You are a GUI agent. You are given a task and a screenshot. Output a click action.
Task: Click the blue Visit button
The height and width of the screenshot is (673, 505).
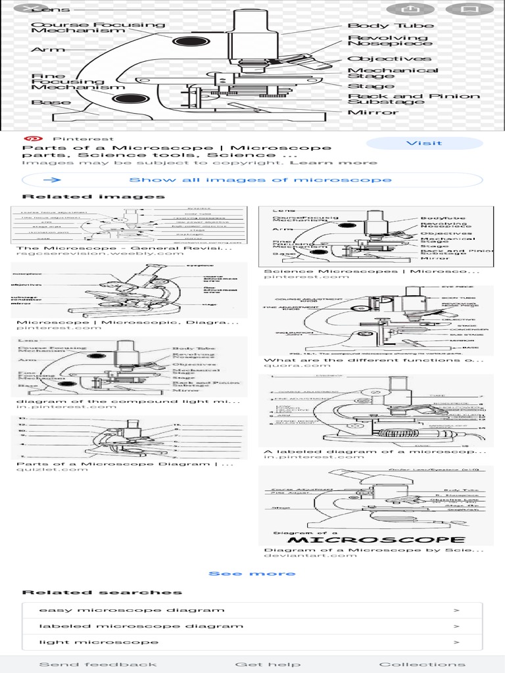(x=423, y=143)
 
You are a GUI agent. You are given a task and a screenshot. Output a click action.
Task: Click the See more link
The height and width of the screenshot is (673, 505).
(x=252, y=574)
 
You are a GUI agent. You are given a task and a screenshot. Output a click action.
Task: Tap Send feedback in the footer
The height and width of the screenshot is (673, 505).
(x=98, y=664)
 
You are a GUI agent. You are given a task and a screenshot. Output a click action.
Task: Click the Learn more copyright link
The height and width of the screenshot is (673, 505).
(x=333, y=162)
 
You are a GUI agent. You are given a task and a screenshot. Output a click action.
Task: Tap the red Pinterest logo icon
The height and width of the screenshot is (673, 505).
(x=30, y=139)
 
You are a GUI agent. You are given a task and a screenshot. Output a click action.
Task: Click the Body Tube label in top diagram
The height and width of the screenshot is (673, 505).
(x=390, y=26)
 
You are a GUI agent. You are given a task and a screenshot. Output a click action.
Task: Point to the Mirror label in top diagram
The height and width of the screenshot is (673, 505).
(x=373, y=112)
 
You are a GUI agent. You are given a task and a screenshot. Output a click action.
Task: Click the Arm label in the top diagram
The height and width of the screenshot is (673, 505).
(x=39, y=50)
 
